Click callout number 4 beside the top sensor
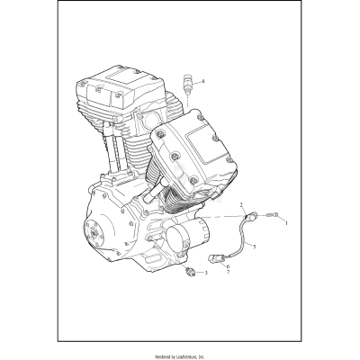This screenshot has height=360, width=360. [x=202, y=82]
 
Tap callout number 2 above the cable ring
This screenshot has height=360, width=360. [x=242, y=206]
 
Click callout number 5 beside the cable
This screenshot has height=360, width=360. [x=254, y=246]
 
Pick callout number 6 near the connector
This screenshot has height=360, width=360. [x=229, y=266]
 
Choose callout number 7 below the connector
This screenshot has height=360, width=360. [x=229, y=274]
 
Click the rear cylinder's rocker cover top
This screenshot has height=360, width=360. [x=108, y=85]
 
